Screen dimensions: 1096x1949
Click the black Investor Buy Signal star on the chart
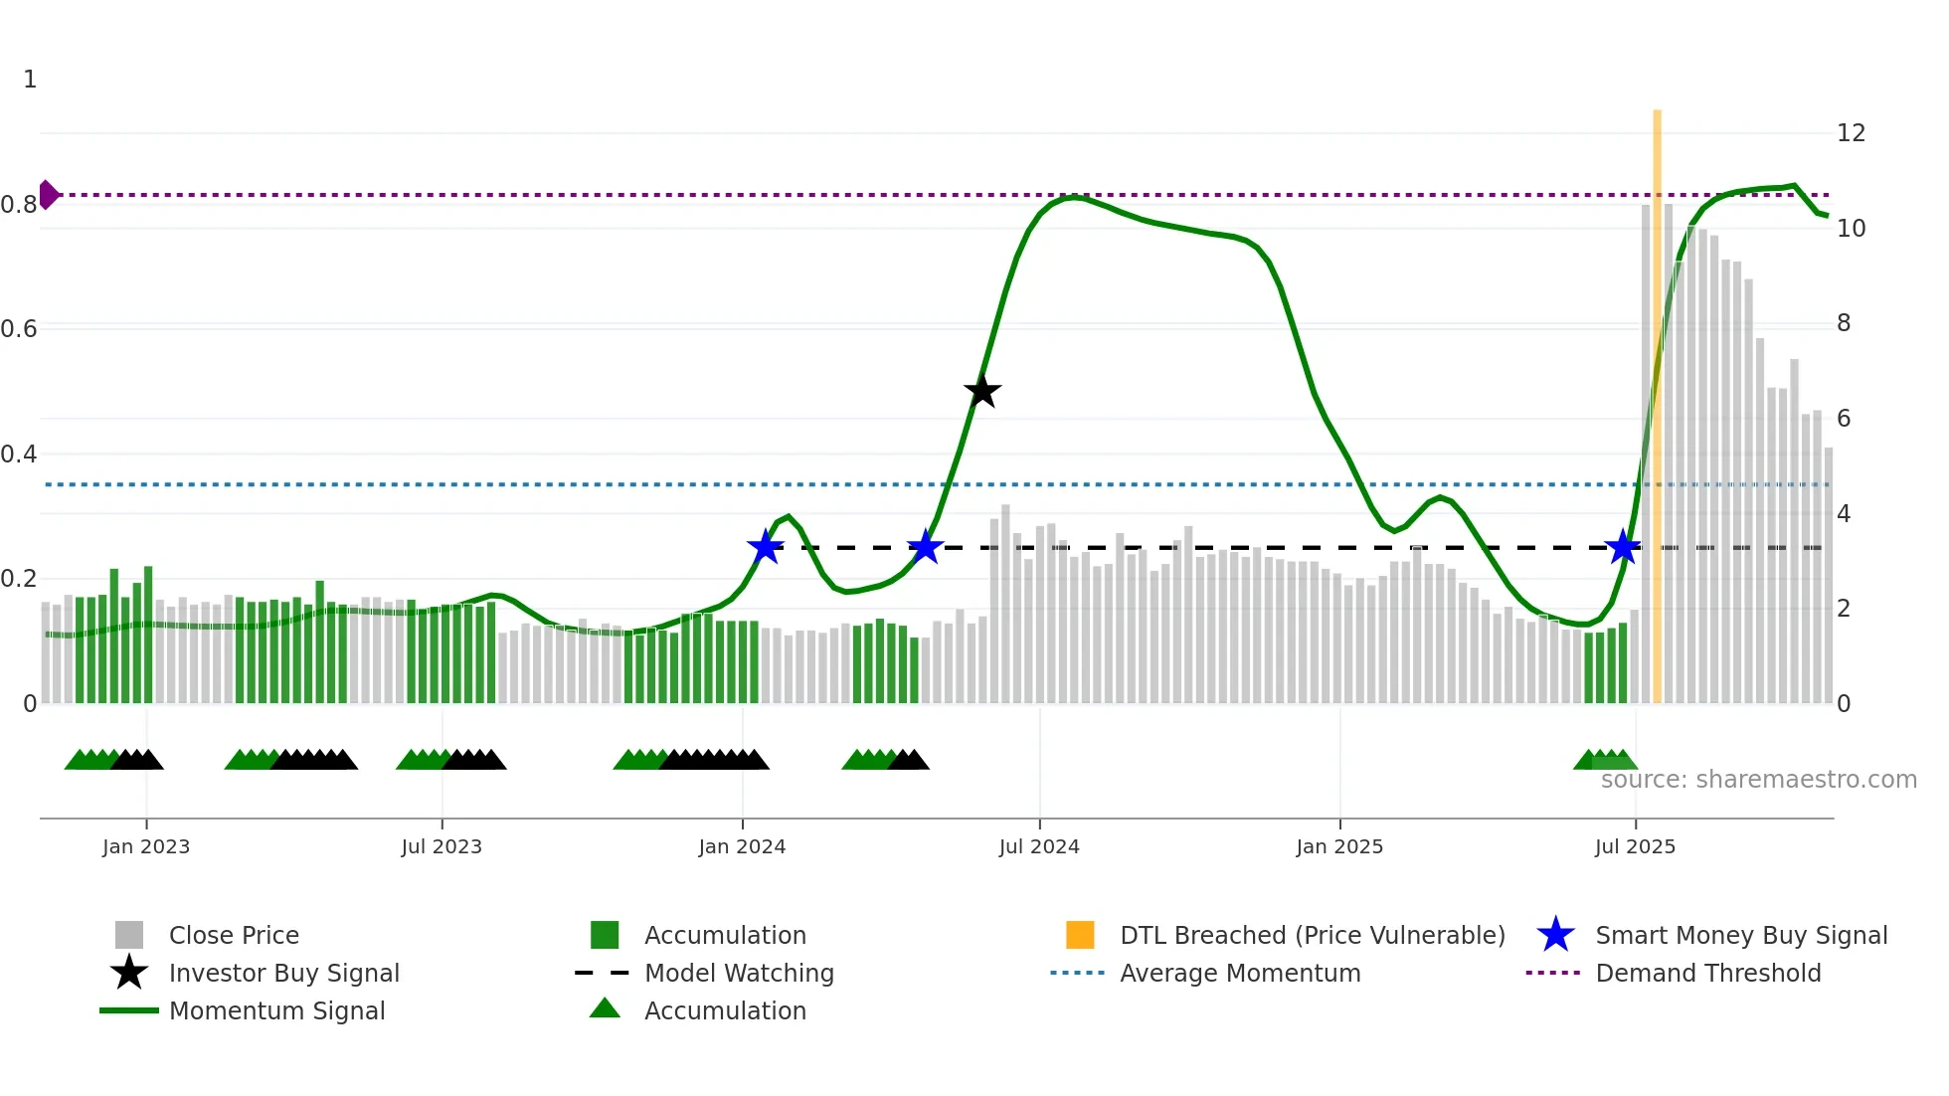[x=982, y=391]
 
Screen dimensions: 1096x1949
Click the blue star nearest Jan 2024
[x=765, y=547]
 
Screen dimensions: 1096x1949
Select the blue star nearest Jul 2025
[x=1623, y=547]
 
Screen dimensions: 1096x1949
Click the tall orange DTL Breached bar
[x=1657, y=398]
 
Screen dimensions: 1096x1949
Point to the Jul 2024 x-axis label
[x=1039, y=846]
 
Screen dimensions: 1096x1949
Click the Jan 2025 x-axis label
[x=1339, y=846]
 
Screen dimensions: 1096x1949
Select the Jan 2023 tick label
[x=146, y=846]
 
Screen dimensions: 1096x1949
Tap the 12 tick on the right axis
[x=1851, y=133]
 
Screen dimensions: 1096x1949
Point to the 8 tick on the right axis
[x=1844, y=323]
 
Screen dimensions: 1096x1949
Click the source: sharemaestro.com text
[x=1758, y=780]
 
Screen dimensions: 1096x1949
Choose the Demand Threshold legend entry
[x=1707, y=973]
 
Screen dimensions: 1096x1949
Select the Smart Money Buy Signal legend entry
[x=1740, y=935]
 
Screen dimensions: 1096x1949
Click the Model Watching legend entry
[x=738, y=973]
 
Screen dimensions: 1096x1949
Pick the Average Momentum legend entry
[x=1239, y=973]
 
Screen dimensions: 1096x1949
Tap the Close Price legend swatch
[x=129, y=935]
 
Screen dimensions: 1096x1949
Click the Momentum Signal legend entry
[x=276, y=1010]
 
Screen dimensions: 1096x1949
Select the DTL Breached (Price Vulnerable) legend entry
[x=1312, y=935]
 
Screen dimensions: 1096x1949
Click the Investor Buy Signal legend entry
[x=283, y=973]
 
